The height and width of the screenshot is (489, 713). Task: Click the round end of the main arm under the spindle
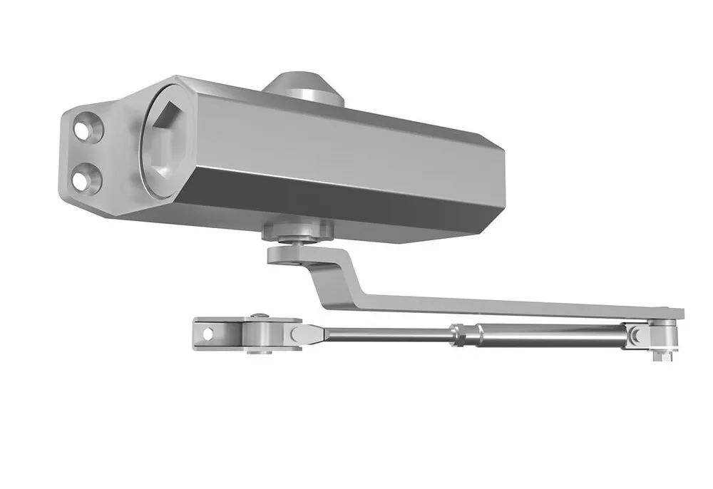[x=286, y=254]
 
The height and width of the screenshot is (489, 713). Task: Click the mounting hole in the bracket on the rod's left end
[x=207, y=331]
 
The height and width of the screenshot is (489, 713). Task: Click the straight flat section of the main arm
[x=499, y=305]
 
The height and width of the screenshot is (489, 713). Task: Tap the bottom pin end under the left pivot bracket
[x=261, y=351]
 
